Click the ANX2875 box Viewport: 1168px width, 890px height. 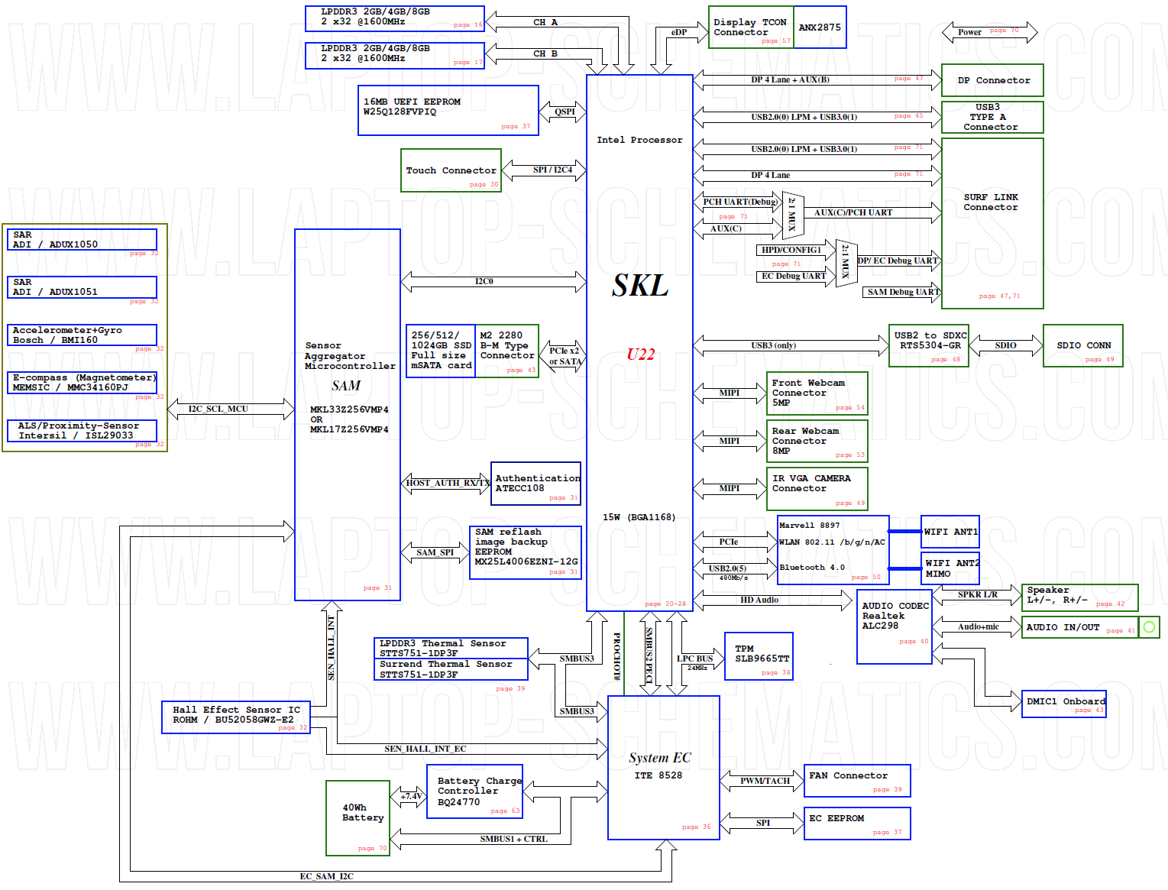click(820, 28)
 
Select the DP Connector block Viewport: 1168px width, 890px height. click(992, 80)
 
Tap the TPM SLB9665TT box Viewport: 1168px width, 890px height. click(759, 655)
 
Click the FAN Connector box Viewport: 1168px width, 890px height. click(857, 781)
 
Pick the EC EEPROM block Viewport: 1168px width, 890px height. click(857, 824)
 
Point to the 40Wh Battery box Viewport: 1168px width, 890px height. click(358, 817)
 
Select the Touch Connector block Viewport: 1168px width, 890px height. click(451, 170)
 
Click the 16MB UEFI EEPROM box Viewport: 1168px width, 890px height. click(448, 111)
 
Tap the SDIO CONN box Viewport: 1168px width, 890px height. click(1082, 346)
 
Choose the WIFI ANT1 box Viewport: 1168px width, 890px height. click(950, 532)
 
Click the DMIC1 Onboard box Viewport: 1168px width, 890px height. click(1064, 704)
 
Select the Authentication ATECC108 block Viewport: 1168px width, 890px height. click(535, 484)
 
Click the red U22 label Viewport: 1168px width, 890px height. click(640, 354)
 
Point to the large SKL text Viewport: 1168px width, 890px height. click(640, 286)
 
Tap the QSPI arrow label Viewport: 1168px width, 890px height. click(565, 112)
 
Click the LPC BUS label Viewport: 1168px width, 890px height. click(694, 659)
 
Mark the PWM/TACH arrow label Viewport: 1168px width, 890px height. click(765, 781)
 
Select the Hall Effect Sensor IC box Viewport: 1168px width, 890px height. click(236, 717)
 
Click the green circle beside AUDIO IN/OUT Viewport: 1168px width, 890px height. click(1149, 627)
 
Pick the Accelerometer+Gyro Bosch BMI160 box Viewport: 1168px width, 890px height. click(82, 335)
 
